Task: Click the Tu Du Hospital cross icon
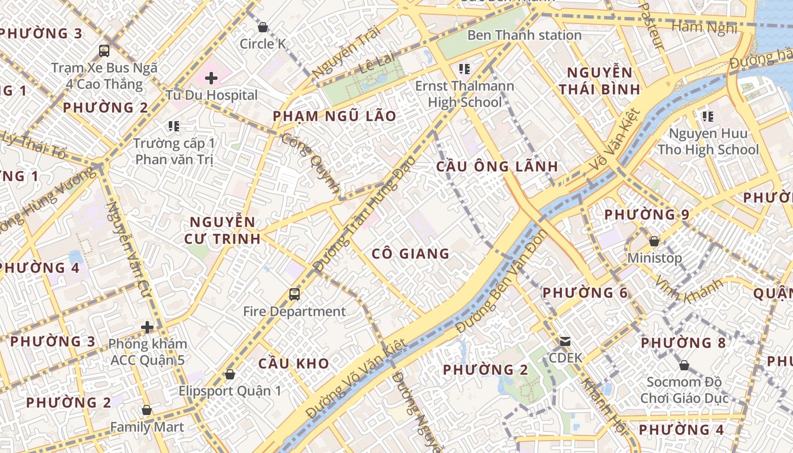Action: pyautogui.click(x=211, y=78)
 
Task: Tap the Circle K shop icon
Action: pyautogui.click(x=263, y=27)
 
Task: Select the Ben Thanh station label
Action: pyautogui.click(x=524, y=35)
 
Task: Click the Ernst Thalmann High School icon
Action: pyautogui.click(x=464, y=69)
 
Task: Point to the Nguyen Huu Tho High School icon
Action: pyautogui.click(x=707, y=117)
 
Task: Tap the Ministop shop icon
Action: pyautogui.click(x=654, y=241)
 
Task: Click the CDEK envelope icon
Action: pyautogui.click(x=565, y=341)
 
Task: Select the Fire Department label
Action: pyautogui.click(x=294, y=311)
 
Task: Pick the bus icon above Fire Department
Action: pyautogui.click(x=295, y=294)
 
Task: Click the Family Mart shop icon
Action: pyautogui.click(x=147, y=410)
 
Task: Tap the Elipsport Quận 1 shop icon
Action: pyautogui.click(x=230, y=374)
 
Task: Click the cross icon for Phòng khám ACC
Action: pyautogui.click(x=147, y=327)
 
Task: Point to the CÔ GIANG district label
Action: pyautogui.click(x=411, y=254)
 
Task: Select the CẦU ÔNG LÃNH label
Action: pyautogui.click(x=497, y=166)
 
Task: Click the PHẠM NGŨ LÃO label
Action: pyautogui.click(x=334, y=116)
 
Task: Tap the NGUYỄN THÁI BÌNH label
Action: pyautogui.click(x=599, y=80)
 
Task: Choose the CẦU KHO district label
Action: pyautogui.click(x=293, y=364)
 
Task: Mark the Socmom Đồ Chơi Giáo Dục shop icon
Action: pyautogui.click(x=684, y=365)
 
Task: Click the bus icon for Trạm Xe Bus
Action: pyautogui.click(x=104, y=51)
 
